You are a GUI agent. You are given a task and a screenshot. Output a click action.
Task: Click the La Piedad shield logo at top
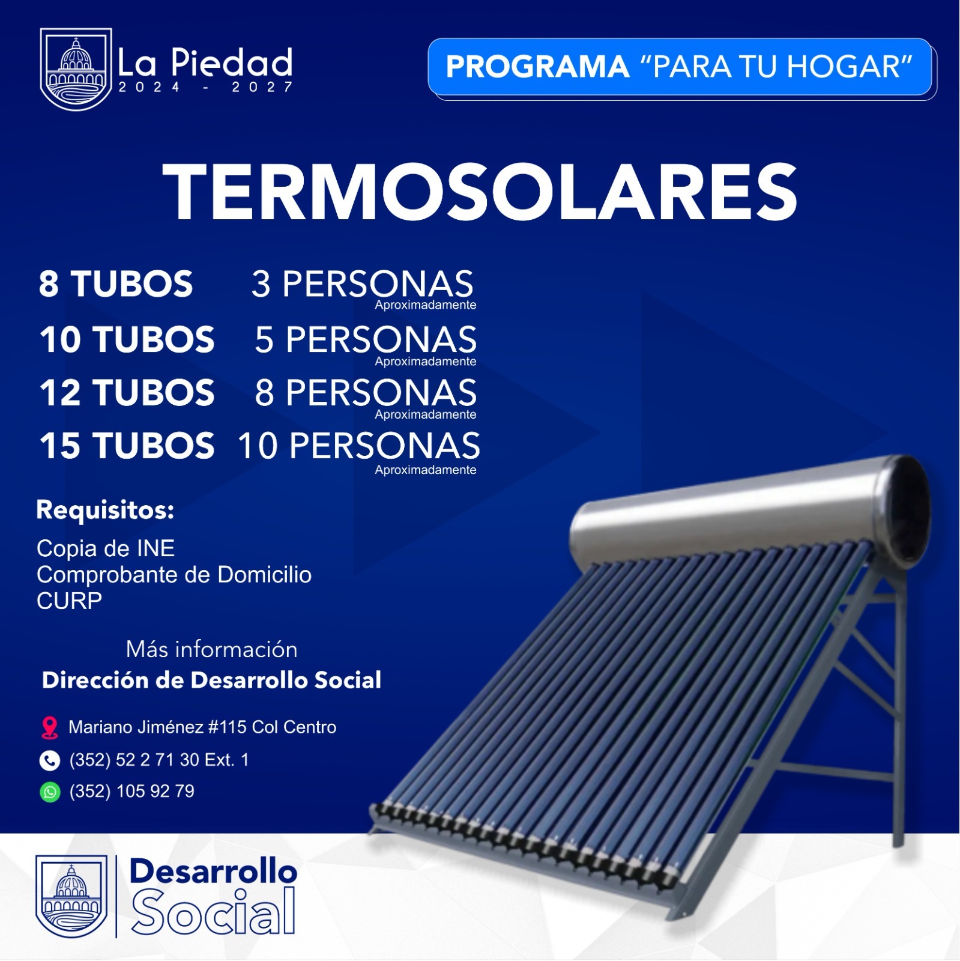(x=76, y=69)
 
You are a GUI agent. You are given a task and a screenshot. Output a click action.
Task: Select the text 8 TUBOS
(x=116, y=283)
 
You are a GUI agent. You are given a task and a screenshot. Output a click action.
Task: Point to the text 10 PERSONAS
(x=359, y=446)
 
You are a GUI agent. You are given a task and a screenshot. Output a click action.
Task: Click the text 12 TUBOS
(x=127, y=393)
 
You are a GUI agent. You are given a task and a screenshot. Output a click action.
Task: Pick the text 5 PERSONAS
(x=366, y=339)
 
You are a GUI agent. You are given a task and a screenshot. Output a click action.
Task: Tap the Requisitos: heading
(x=105, y=510)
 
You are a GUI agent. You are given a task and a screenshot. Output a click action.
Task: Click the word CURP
(x=69, y=601)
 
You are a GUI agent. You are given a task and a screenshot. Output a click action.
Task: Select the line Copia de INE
(x=106, y=548)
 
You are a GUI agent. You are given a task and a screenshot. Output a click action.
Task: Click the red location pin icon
(x=50, y=727)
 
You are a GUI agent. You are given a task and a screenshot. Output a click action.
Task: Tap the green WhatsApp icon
(x=50, y=792)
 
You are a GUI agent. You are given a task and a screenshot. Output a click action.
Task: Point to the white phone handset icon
(x=50, y=760)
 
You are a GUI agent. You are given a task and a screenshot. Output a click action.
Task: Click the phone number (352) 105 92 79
(x=132, y=791)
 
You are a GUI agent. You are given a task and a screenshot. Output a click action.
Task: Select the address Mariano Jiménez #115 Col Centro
(x=202, y=727)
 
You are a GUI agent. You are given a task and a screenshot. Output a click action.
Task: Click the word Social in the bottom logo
(x=214, y=912)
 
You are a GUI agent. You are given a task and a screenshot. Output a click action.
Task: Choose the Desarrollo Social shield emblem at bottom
(x=71, y=896)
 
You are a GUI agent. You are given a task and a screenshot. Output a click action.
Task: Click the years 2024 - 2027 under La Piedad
(x=205, y=88)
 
